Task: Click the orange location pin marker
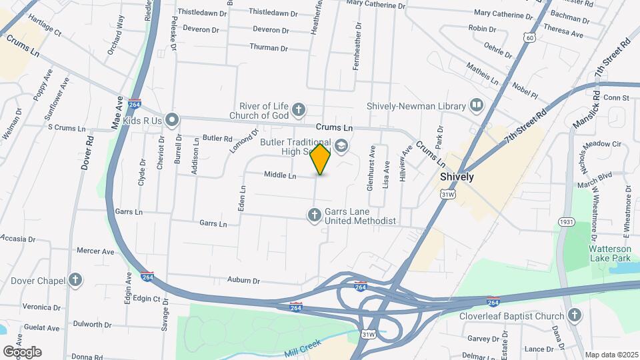(x=321, y=159)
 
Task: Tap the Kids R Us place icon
(x=172, y=120)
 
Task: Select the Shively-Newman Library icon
(x=476, y=105)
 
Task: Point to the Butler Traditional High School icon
(x=341, y=145)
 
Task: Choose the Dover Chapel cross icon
(x=76, y=280)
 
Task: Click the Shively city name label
(x=457, y=177)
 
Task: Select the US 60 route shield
(x=529, y=38)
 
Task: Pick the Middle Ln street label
(x=280, y=175)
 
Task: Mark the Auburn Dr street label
(x=243, y=280)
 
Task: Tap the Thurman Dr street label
(x=269, y=48)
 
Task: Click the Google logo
(x=22, y=351)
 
